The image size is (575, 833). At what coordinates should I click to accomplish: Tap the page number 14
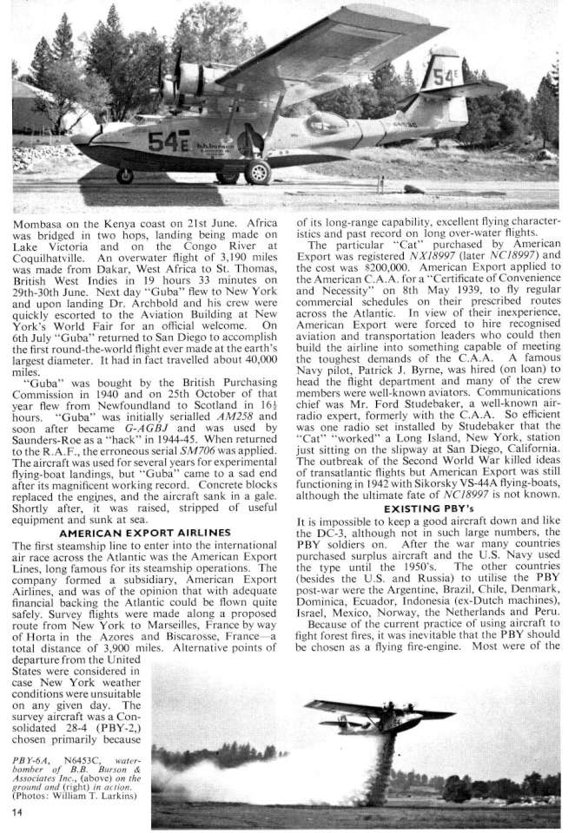tap(17, 810)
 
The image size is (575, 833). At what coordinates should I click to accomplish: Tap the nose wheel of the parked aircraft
tap(125, 175)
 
